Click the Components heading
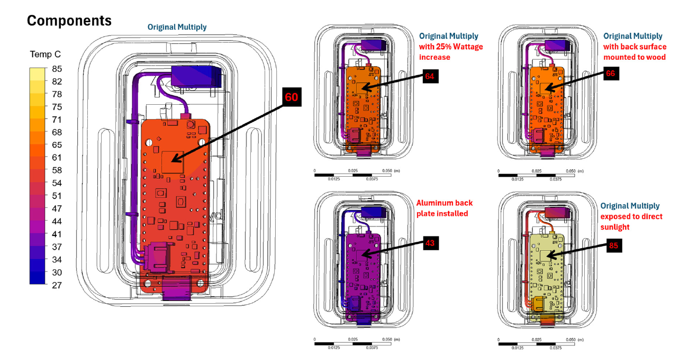(x=69, y=21)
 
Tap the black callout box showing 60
(x=292, y=97)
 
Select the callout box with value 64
(x=430, y=76)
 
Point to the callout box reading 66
(x=611, y=74)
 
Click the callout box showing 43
(x=431, y=243)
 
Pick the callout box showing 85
(x=614, y=245)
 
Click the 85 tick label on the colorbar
(x=57, y=69)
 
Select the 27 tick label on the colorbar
(x=57, y=285)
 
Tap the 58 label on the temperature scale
(x=57, y=170)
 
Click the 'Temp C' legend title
(x=46, y=54)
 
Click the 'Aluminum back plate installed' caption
(x=445, y=208)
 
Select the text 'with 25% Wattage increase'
(x=451, y=52)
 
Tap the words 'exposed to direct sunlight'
(x=631, y=222)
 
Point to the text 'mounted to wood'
(x=634, y=57)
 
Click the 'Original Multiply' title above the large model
(x=177, y=28)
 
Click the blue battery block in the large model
(x=196, y=76)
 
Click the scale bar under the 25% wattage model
(x=353, y=175)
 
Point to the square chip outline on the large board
(x=173, y=162)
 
